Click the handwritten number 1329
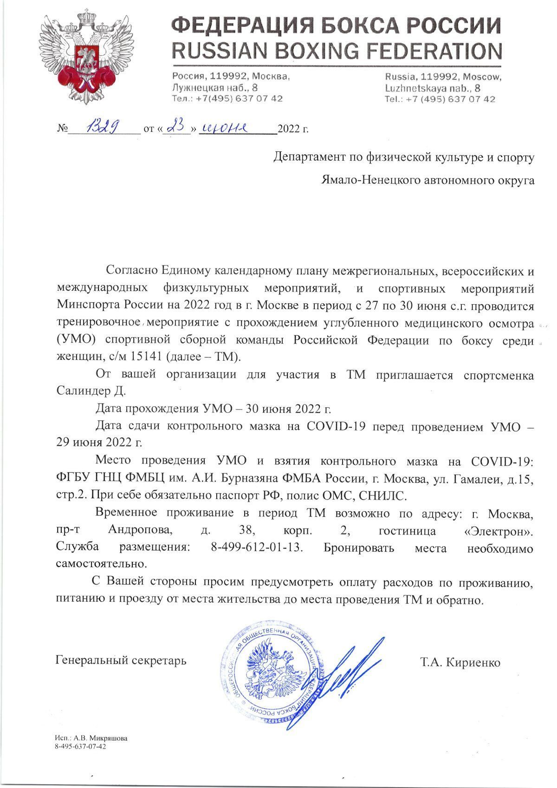pos(104,126)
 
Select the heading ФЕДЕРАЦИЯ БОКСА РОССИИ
pos(336,26)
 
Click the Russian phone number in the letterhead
pos(227,99)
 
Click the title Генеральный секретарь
pos(121,660)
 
